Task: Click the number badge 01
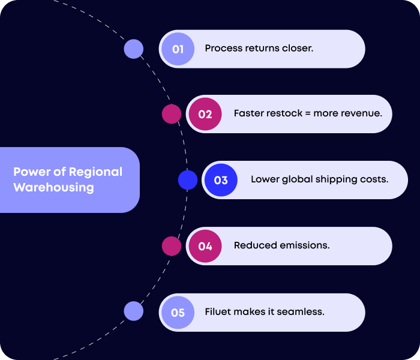[x=178, y=49]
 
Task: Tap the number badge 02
[x=205, y=114]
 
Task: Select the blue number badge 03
[x=221, y=180]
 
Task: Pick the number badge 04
[x=205, y=246]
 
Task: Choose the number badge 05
[x=178, y=313]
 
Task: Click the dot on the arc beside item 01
[x=133, y=49]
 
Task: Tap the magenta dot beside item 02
[x=172, y=114]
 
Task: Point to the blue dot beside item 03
[x=188, y=180]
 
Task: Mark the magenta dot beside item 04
[x=172, y=245]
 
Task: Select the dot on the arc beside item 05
[x=133, y=311]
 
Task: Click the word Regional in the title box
[x=95, y=172]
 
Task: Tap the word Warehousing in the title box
[x=53, y=187]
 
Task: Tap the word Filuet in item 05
[x=218, y=312]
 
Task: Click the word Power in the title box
[x=32, y=172]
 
